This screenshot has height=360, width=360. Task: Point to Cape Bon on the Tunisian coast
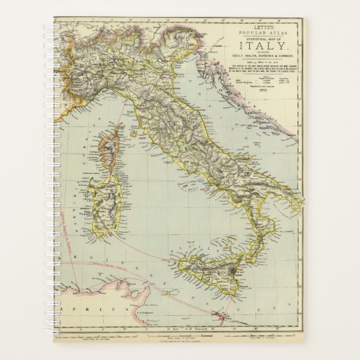tap(115, 278)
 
